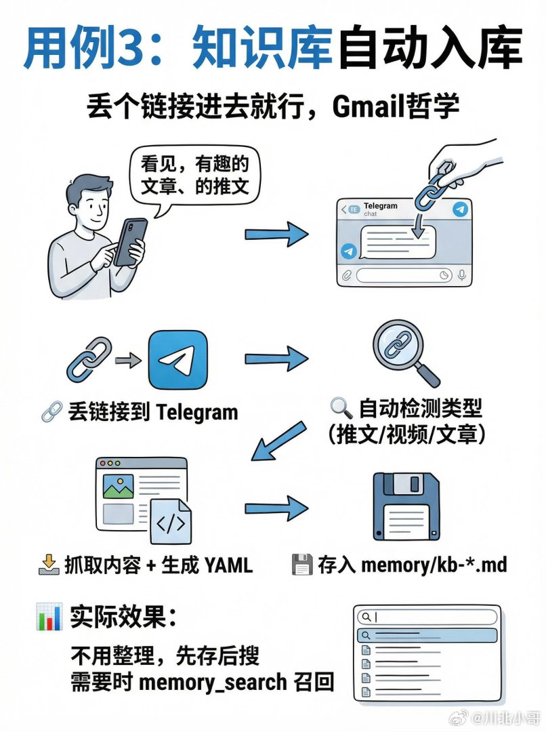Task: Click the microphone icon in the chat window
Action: (x=462, y=275)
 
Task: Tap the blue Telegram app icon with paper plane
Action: (x=177, y=359)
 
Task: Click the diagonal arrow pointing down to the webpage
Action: (x=279, y=439)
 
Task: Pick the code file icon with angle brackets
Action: (x=170, y=522)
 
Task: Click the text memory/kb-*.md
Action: (x=434, y=565)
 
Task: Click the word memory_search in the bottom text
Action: (x=212, y=682)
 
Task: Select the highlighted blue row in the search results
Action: (x=427, y=636)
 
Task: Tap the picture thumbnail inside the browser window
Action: (x=118, y=487)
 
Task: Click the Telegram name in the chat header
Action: (x=381, y=205)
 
